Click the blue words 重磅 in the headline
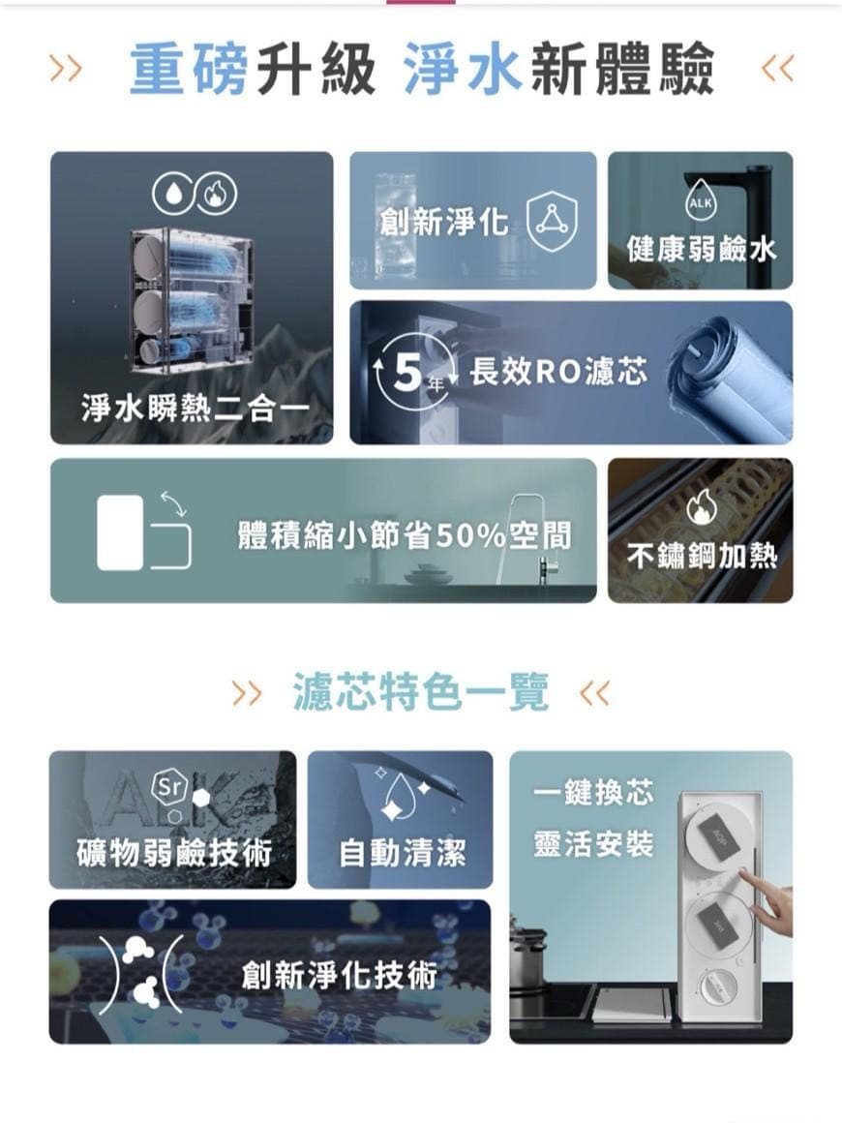189,69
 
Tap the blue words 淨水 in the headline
463,69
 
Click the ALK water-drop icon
700,203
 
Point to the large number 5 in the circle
407,373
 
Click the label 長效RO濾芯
558,372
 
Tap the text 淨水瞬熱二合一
195,409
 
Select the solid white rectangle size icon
120,532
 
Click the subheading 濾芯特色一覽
421,692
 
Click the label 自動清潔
403,853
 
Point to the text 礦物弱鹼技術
174,853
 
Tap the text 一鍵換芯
593,792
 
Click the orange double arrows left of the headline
65,69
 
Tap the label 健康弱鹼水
701,249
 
